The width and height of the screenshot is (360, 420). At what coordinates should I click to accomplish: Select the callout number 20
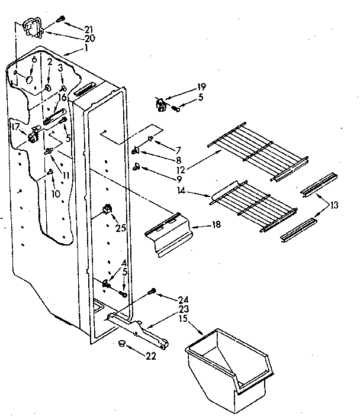tap(89, 38)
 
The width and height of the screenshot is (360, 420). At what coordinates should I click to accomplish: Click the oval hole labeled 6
tap(28, 79)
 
